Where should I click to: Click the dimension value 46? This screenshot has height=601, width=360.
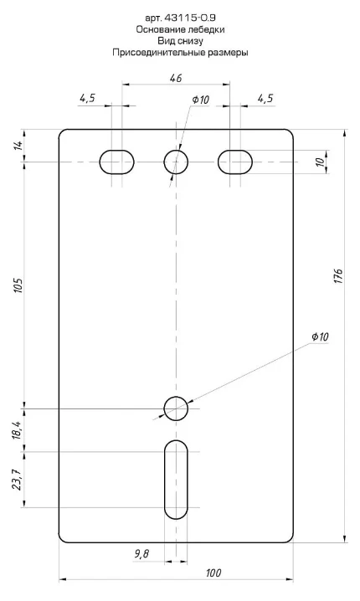pos(176,78)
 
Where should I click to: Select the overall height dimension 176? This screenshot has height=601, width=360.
pos(338,276)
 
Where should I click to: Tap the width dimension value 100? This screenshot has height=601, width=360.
pos(213,573)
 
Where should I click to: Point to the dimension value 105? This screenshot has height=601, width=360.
pos(18,285)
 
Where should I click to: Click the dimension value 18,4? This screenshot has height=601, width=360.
pos(18,429)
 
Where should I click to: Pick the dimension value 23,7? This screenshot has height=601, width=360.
pos(18,480)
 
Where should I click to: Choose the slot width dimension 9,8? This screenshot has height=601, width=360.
pos(141,554)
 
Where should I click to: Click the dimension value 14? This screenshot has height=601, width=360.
pos(18,146)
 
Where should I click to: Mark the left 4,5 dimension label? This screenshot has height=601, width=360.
pos(87,98)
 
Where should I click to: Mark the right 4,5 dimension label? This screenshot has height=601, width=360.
pos(265,98)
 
